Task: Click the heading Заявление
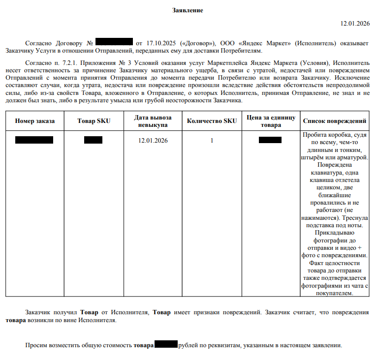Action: point(188,10)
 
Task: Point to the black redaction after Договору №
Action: point(114,43)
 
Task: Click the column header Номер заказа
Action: point(35,121)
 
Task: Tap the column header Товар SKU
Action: point(93,121)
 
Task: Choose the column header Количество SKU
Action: point(212,121)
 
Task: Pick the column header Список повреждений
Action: point(335,121)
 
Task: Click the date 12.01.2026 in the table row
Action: point(154,141)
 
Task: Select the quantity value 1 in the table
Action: point(212,141)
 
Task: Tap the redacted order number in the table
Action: point(34,140)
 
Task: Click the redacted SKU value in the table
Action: point(93,140)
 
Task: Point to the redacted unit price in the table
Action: point(270,140)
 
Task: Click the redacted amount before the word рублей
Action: point(166,344)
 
